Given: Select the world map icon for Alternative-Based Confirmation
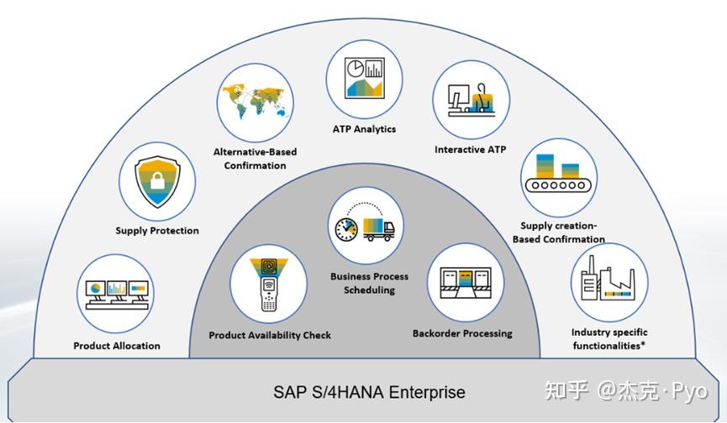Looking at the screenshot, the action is coord(255,102).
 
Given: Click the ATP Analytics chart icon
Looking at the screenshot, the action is coord(363,77).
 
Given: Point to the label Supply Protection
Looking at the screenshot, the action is coord(157,231).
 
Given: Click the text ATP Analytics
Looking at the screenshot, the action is coord(363,129).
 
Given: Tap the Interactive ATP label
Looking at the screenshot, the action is coord(471,150).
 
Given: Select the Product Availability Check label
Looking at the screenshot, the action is coord(270,336).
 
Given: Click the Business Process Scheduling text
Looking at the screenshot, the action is coord(369,283).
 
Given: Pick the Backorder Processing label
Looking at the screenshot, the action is coord(462,333).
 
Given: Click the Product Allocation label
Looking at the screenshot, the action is coord(117,346).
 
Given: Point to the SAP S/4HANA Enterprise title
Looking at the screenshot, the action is coord(369,392).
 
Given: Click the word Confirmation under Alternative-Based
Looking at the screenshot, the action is coord(255,165).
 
